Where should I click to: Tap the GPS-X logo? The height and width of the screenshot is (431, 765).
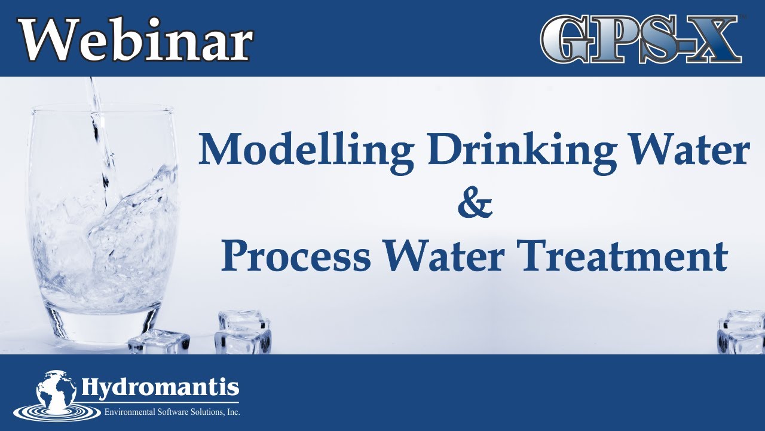click(641, 39)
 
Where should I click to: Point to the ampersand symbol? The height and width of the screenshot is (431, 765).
click(475, 205)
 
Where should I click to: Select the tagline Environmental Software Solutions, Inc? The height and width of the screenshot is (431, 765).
click(172, 411)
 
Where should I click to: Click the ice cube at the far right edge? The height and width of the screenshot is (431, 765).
click(741, 332)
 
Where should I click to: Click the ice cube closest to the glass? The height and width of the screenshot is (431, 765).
click(159, 341)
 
